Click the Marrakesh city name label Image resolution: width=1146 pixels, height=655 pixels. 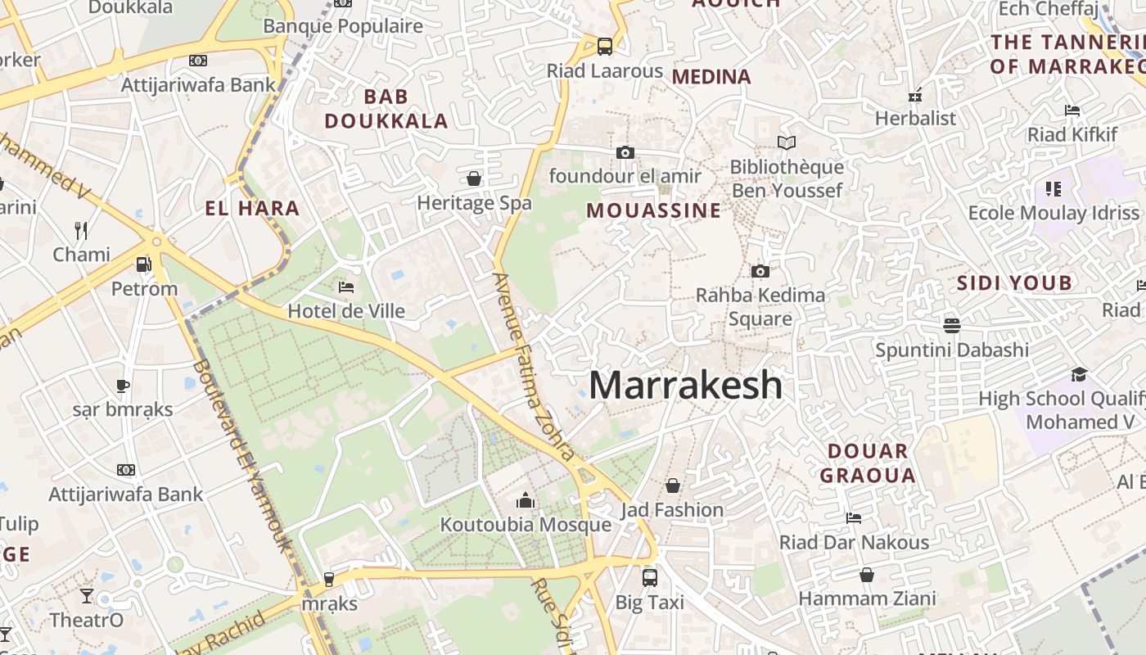686,385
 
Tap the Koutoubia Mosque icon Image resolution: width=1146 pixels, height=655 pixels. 525,499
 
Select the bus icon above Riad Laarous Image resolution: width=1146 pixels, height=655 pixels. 605,46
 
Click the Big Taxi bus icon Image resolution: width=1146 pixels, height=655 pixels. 650,577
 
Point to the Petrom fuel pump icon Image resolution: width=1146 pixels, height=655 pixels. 144,264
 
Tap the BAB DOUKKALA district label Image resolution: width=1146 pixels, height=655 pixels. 386,109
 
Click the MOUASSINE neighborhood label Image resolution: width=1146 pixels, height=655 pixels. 654,210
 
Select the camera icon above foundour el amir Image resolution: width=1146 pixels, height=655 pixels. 625,152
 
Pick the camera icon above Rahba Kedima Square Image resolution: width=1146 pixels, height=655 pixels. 760,271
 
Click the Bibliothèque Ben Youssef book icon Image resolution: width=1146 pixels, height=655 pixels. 787,143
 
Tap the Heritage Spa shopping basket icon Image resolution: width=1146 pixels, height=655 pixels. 474,178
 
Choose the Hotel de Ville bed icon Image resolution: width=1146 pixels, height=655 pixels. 346,287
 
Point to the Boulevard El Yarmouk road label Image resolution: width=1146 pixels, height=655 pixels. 241,454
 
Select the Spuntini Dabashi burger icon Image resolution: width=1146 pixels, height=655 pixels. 951,325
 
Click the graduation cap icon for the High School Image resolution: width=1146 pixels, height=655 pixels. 1079,374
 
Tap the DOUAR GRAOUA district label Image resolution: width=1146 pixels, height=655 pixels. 868,463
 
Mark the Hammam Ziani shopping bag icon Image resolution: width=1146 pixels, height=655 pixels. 867,575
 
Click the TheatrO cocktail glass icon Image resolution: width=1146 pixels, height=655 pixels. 87,595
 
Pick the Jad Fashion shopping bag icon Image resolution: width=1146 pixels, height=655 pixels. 673,486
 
